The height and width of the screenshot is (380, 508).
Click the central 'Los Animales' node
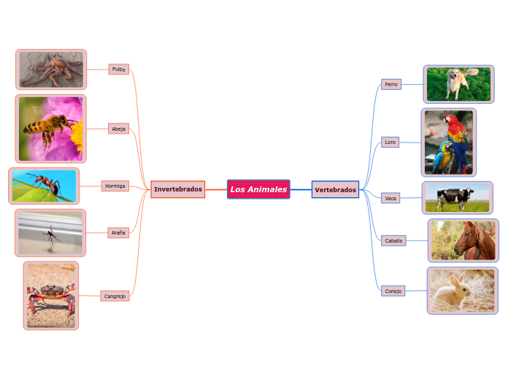pyautogui.click(x=258, y=189)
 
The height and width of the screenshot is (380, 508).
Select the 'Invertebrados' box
pyautogui.click(x=178, y=189)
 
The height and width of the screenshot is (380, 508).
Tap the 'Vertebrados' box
pyautogui.click(x=335, y=190)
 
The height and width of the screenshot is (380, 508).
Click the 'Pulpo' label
pyautogui.click(x=118, y=69)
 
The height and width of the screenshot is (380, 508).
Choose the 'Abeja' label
pyautogui.click(x=118, y=129)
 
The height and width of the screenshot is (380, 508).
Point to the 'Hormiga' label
pyautogui.click(x=115, y=186)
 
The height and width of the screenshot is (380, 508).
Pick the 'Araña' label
pyautogui.click(x=118, y=232)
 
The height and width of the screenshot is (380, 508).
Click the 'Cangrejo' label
pyautogui.click(x=115, y=296)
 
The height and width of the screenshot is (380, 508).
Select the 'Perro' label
pyautogui.click(x=391, y=84)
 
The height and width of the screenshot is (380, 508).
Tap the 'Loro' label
pyautogui.click(x=390, y=142)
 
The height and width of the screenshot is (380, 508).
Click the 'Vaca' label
pyautogui.click(x=390, y=198)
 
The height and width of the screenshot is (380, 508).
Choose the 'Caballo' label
pyautogui.click(x=393, y=240)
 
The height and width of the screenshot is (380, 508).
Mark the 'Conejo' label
pyautogui.click(x=393, y=291)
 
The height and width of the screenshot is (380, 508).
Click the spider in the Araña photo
pyautogui.click(x=51, y=235)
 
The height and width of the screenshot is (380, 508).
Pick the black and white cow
pyautogui.click(x=455, y=197)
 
